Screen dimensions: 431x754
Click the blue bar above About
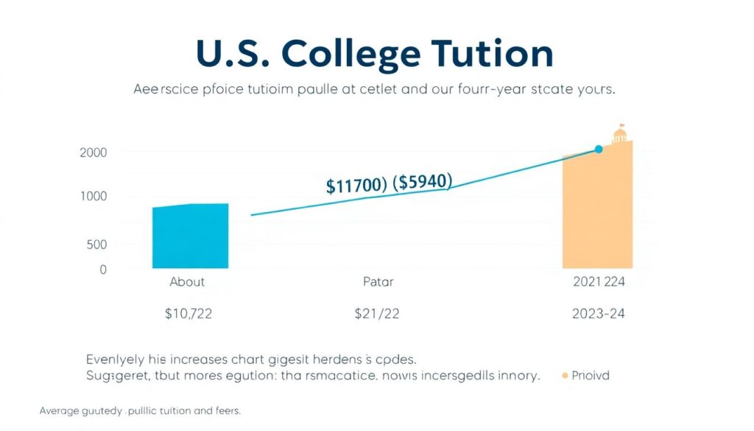190,236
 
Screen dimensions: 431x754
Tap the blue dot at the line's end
598,150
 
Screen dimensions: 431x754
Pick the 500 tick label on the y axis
96,245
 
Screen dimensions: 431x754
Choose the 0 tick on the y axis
103,270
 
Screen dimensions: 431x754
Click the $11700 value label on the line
356,185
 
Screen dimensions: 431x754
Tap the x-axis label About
187,281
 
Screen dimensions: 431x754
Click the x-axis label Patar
378,281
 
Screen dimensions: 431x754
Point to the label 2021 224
598,281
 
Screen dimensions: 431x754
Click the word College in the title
352,55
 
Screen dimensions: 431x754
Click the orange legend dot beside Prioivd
565,376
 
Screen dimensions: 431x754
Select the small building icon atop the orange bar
621,134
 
